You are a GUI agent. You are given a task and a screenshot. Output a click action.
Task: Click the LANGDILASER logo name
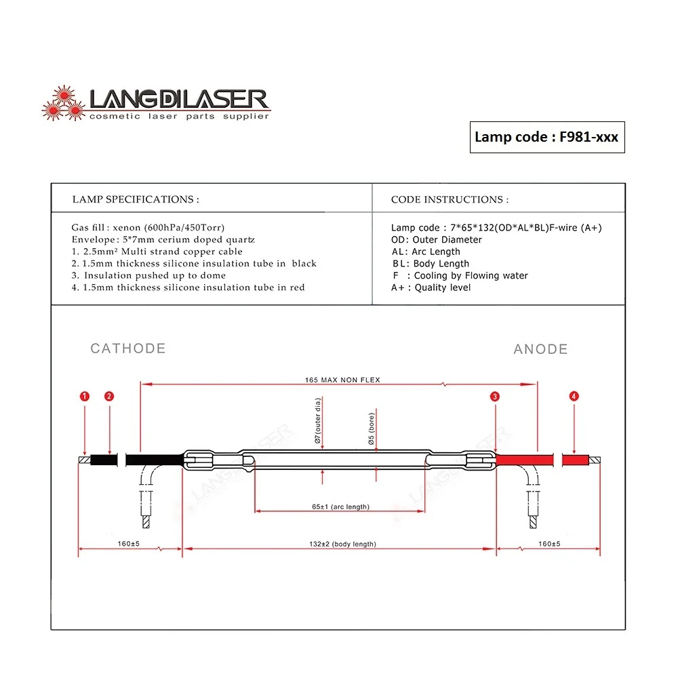click(x=179, y=100)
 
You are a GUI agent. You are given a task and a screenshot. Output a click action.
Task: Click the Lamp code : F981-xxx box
click(x=546, y=137)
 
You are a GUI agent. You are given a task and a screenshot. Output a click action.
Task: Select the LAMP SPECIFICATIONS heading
click(x=136, y=199)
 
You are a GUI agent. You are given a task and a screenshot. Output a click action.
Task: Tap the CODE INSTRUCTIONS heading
click(x=450, y=199)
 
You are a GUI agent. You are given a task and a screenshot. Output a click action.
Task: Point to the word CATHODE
click(x=128, y=348)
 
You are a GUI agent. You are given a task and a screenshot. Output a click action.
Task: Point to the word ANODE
click(x=540, y=349)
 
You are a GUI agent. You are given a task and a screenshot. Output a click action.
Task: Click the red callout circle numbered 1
click(x=84, y=396)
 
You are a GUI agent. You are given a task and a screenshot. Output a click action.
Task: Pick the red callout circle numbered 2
click(x=109, y=396)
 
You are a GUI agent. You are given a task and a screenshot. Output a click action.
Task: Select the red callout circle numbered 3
click(x=496, y=396)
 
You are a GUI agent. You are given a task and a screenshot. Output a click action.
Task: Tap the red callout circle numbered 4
click(x=574, y=396)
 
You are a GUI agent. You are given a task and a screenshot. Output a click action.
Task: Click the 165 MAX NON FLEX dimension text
click(x=342, y=380)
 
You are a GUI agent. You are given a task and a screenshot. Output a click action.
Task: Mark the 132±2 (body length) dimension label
click(x=342, y=544)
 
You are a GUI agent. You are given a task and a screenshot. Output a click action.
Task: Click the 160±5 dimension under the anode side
click(x=550, y=544)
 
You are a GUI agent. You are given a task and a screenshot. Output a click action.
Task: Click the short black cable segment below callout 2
click(x=105, y=460)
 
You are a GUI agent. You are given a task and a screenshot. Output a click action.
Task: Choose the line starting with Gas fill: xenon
click(x=148, y=228)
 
